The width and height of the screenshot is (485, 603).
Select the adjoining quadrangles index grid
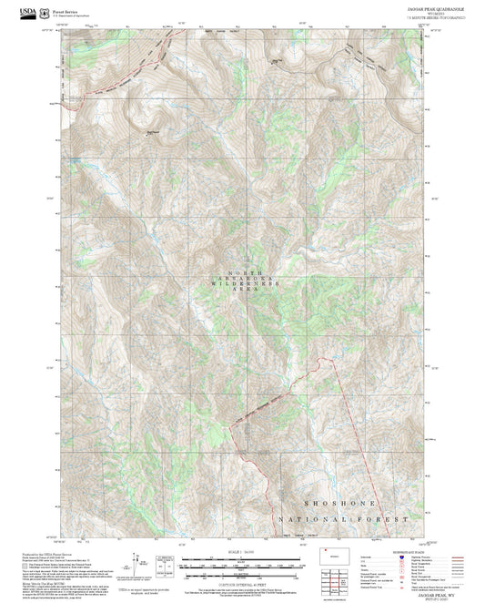click(343, 579)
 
